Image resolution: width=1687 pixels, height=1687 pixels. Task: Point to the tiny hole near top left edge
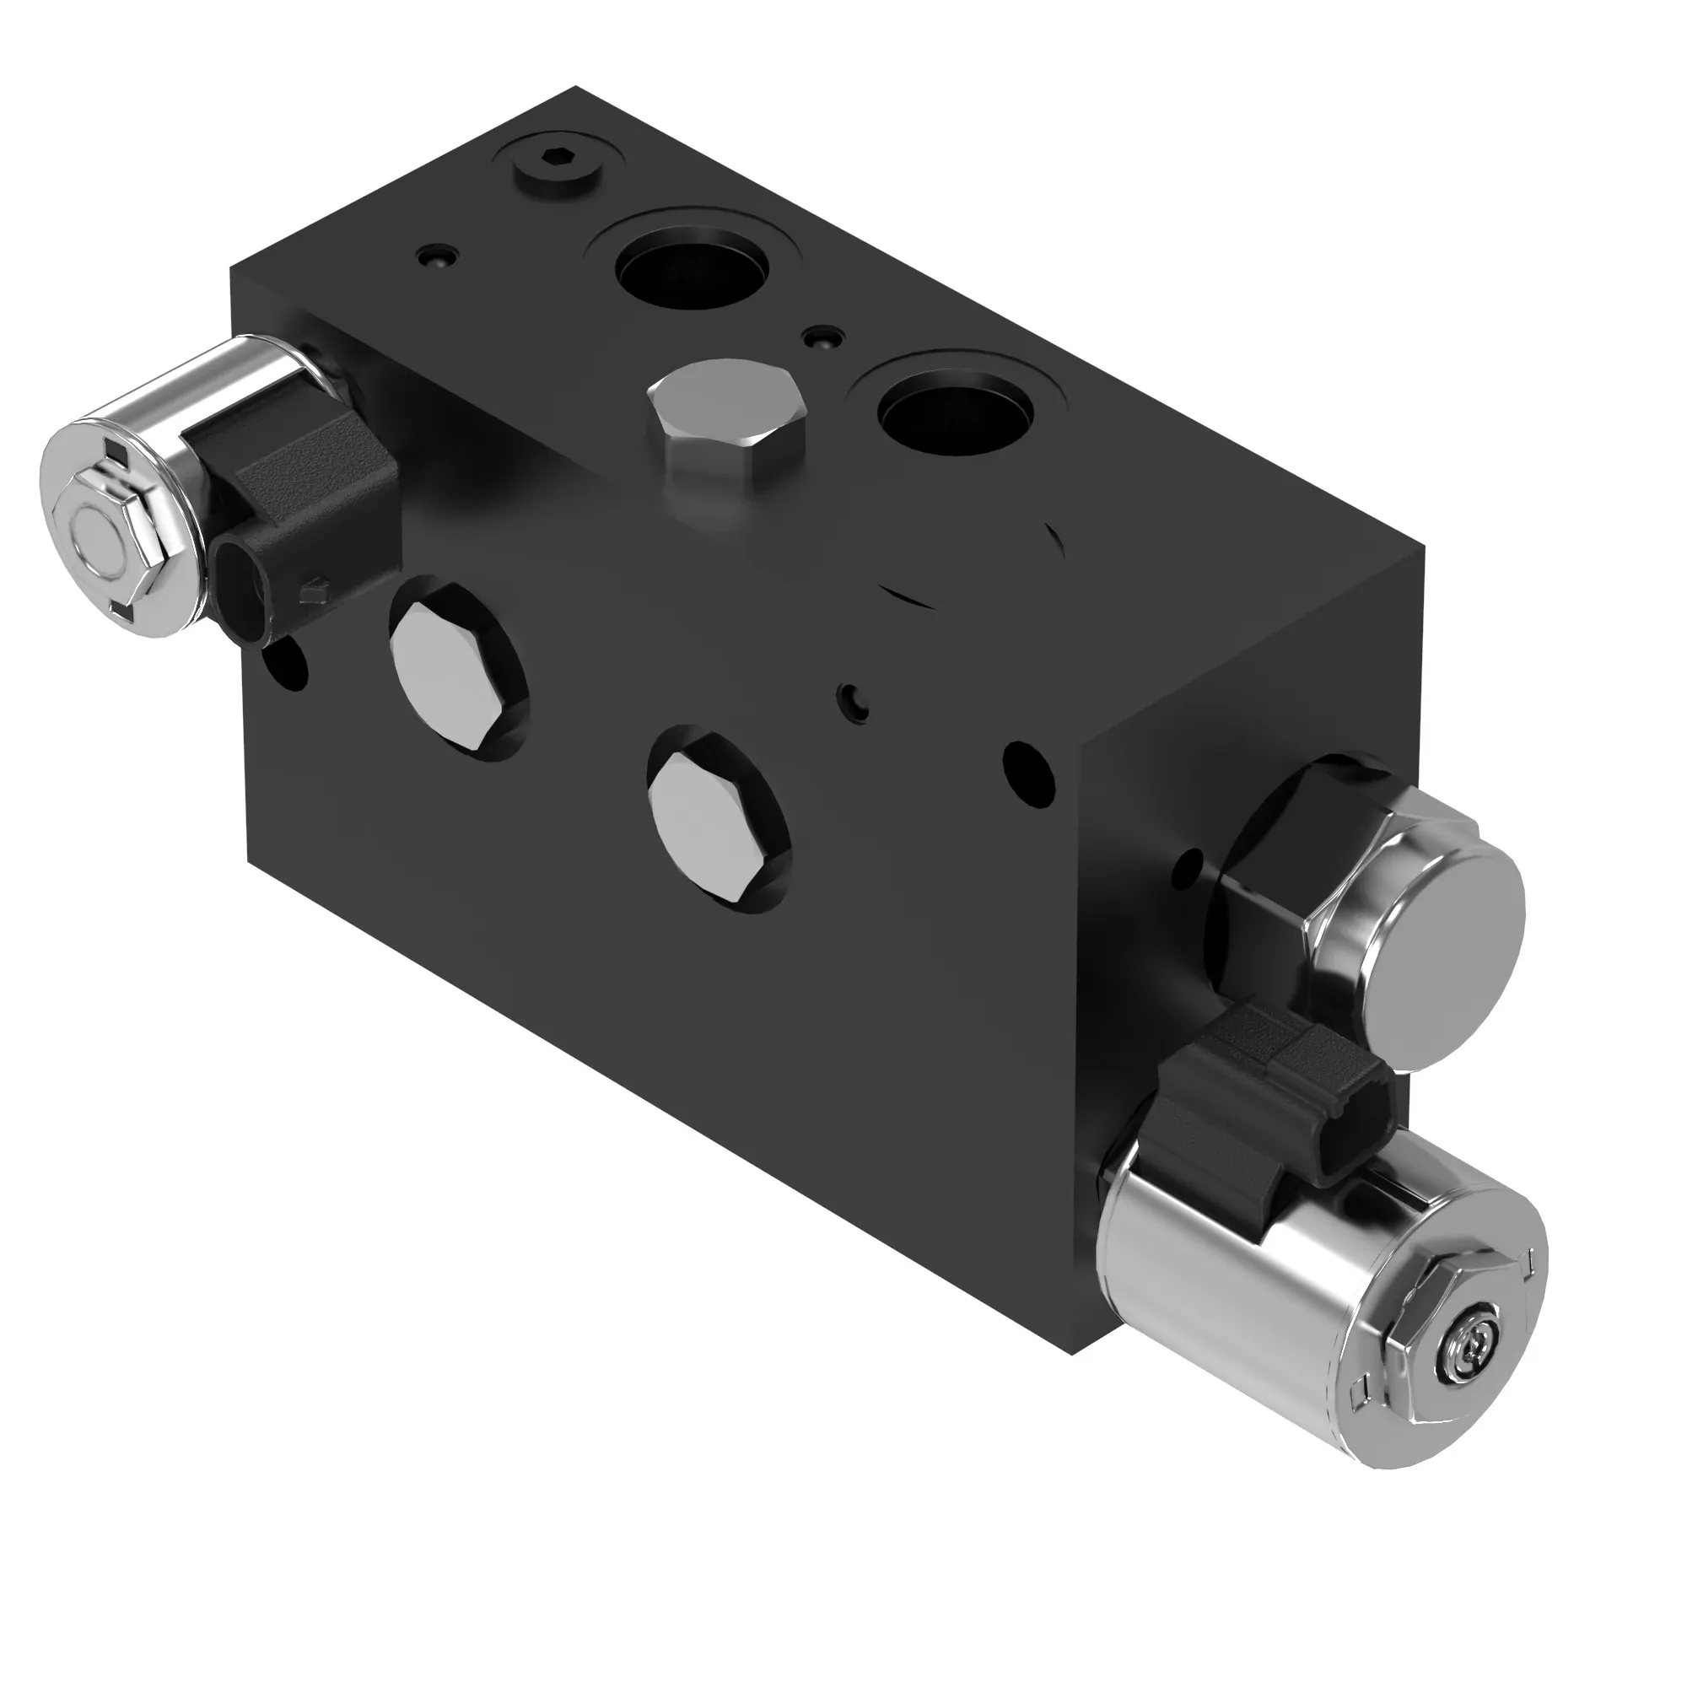(436, 256)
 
